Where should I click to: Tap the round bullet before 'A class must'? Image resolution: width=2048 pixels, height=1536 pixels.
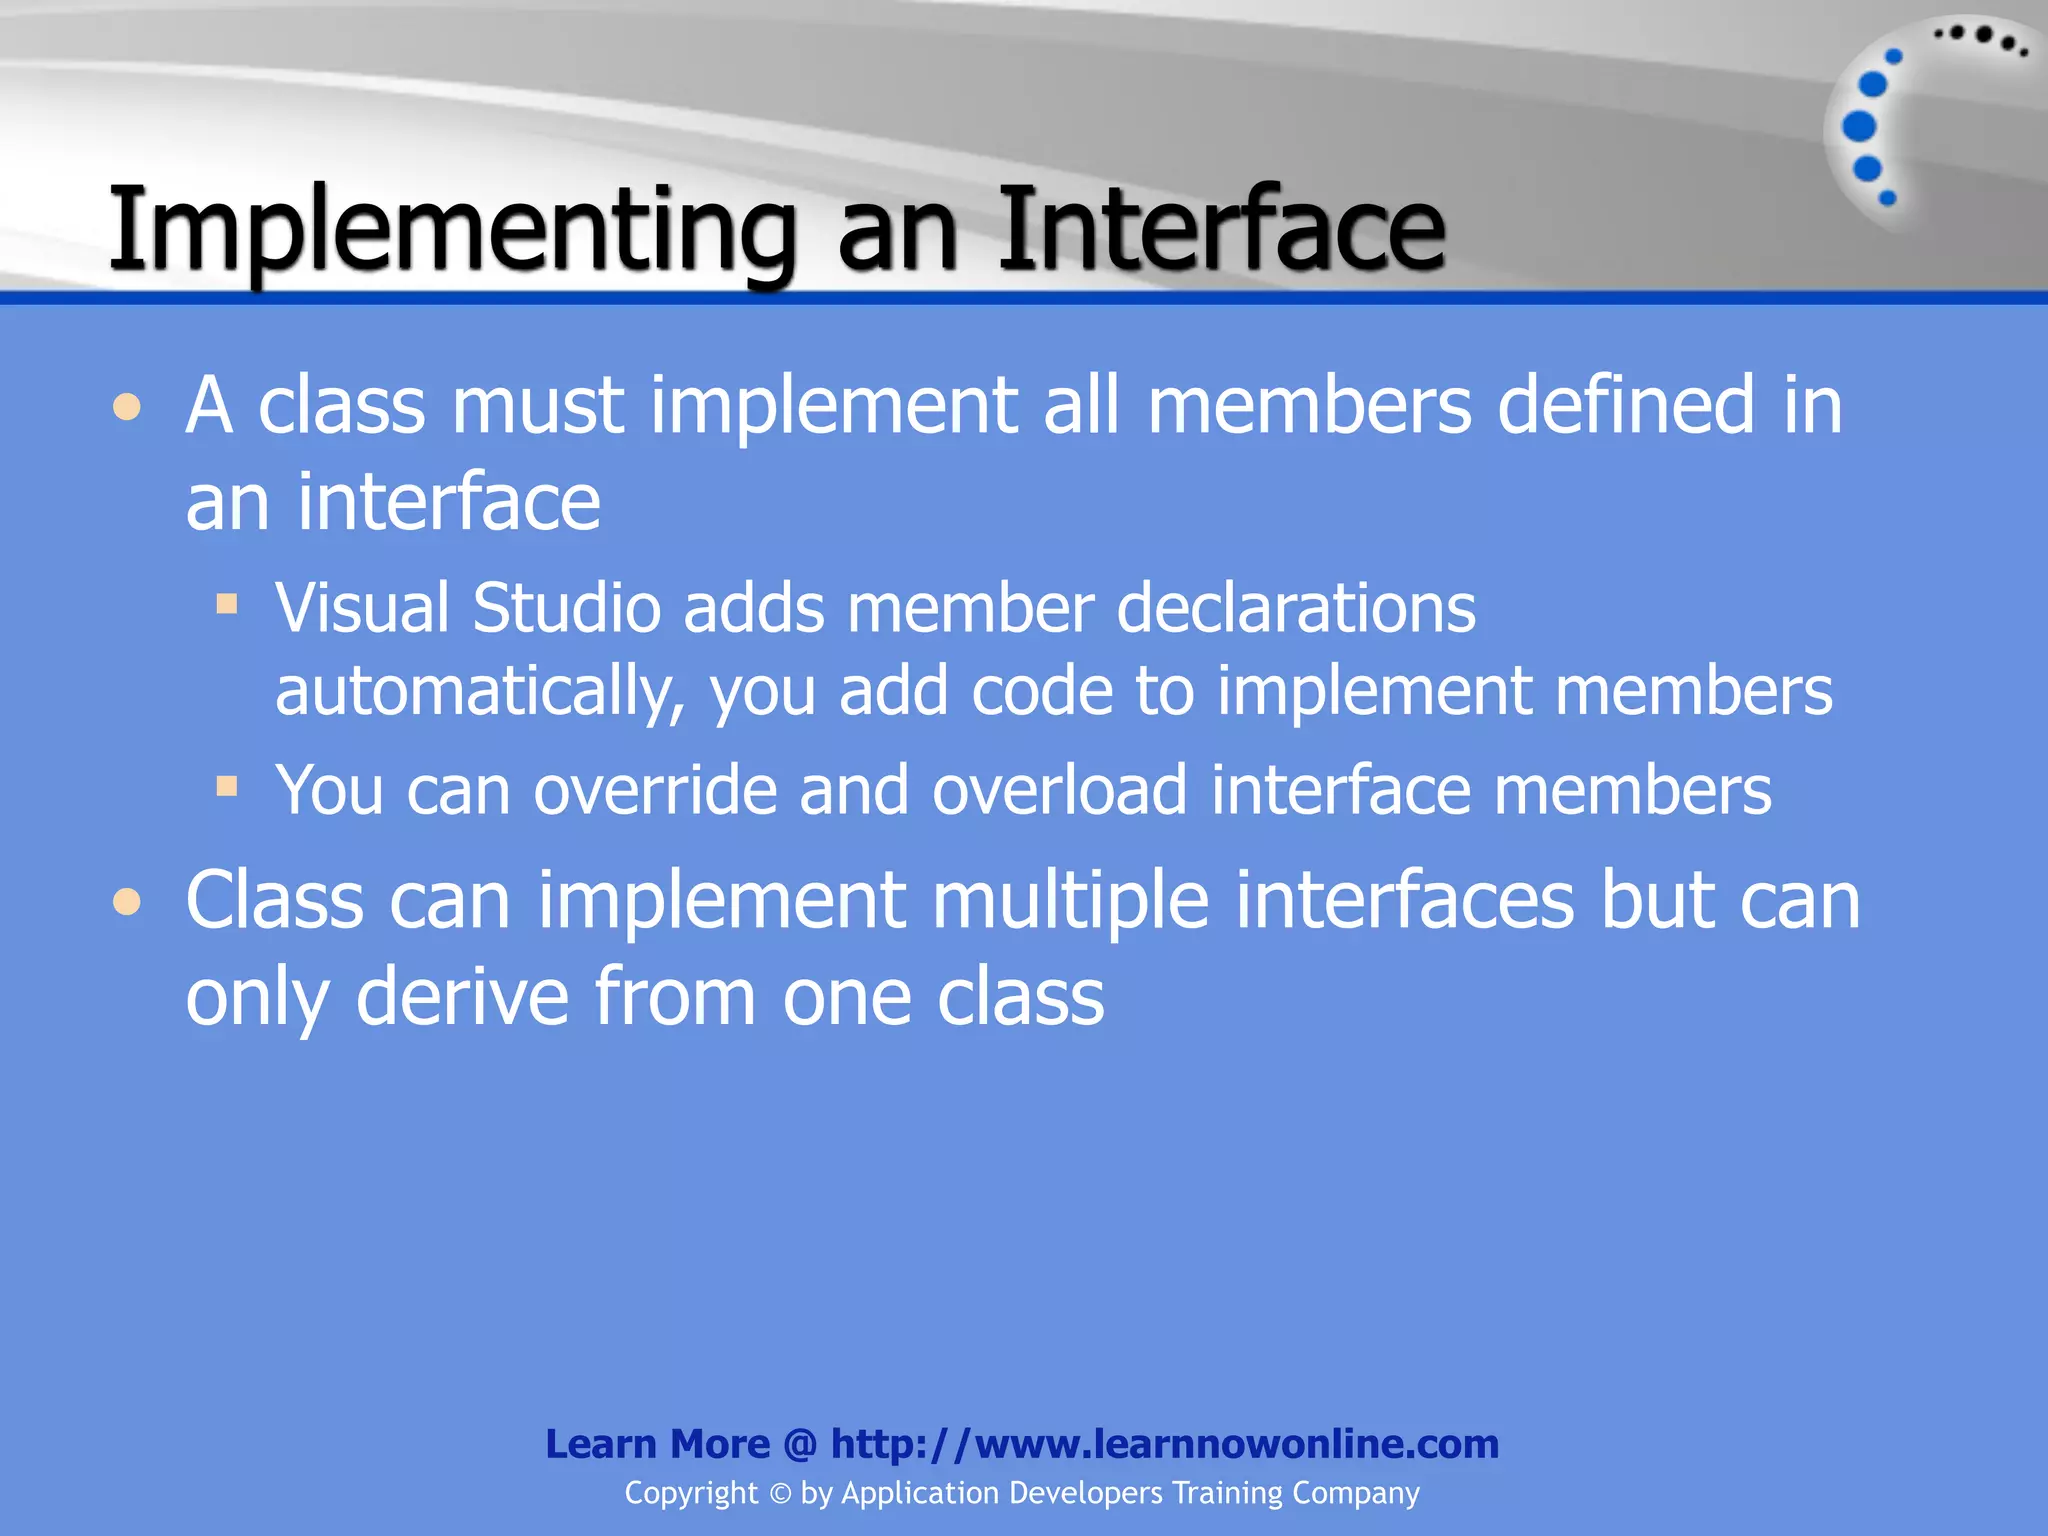pos(127,407)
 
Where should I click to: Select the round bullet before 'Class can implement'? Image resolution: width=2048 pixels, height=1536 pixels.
pos(127,902)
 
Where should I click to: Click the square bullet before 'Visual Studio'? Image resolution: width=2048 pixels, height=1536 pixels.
pos(227,604)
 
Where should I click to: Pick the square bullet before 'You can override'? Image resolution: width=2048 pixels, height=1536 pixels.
pos(227,786)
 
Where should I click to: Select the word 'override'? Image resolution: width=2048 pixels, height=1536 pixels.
pos(655,790)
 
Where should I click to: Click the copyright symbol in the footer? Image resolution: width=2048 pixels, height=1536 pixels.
pos(780,1494)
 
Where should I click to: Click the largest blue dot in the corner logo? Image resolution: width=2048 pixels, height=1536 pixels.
pos(1859,127)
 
